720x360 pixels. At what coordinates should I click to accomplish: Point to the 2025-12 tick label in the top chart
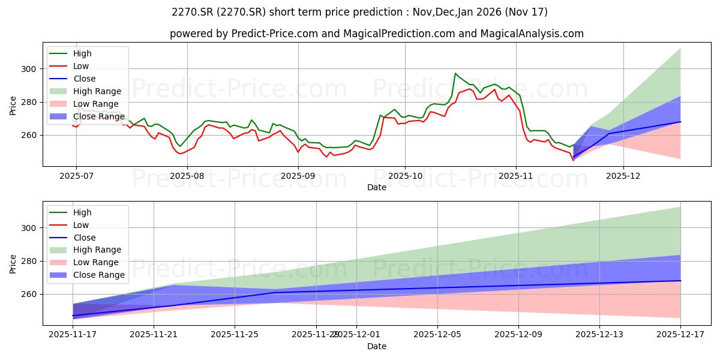point(623,176)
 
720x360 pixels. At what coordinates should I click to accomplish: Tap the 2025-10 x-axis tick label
point(404,176)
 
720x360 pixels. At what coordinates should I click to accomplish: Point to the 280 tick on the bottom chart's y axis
point(30,261)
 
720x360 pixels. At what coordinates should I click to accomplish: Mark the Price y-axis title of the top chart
point(13,104)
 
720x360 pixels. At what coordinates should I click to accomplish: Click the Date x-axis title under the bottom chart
point(377,346)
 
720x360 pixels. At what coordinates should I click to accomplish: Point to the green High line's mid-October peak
point(455,73)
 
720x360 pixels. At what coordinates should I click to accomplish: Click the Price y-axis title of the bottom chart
point(13,263)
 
